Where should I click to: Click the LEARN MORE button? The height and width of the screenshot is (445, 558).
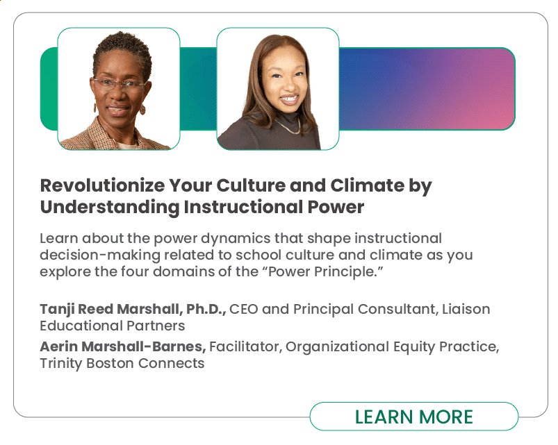coord(414,417)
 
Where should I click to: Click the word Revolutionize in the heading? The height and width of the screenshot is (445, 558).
coord(102,185)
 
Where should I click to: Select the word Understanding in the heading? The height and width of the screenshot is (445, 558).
coord(110,207)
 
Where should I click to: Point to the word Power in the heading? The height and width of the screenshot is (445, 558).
coord(336,207)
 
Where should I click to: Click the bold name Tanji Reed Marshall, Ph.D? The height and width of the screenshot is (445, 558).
coord(133,309)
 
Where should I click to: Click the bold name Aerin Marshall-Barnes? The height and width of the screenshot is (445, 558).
coord(123,346)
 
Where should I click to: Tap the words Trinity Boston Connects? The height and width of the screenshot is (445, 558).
coord(122,363)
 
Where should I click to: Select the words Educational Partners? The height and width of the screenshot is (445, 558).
coord(113,326)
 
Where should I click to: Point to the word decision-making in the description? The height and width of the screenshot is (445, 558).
coord(100,255)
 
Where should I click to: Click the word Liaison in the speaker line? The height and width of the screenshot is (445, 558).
coord(466,309)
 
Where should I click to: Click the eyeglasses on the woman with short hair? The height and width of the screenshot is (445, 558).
coord(120,85)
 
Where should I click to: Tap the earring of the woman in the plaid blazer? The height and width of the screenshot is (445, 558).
coord(142,109)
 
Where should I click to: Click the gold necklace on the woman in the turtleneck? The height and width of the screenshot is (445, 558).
coord(288,126)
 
